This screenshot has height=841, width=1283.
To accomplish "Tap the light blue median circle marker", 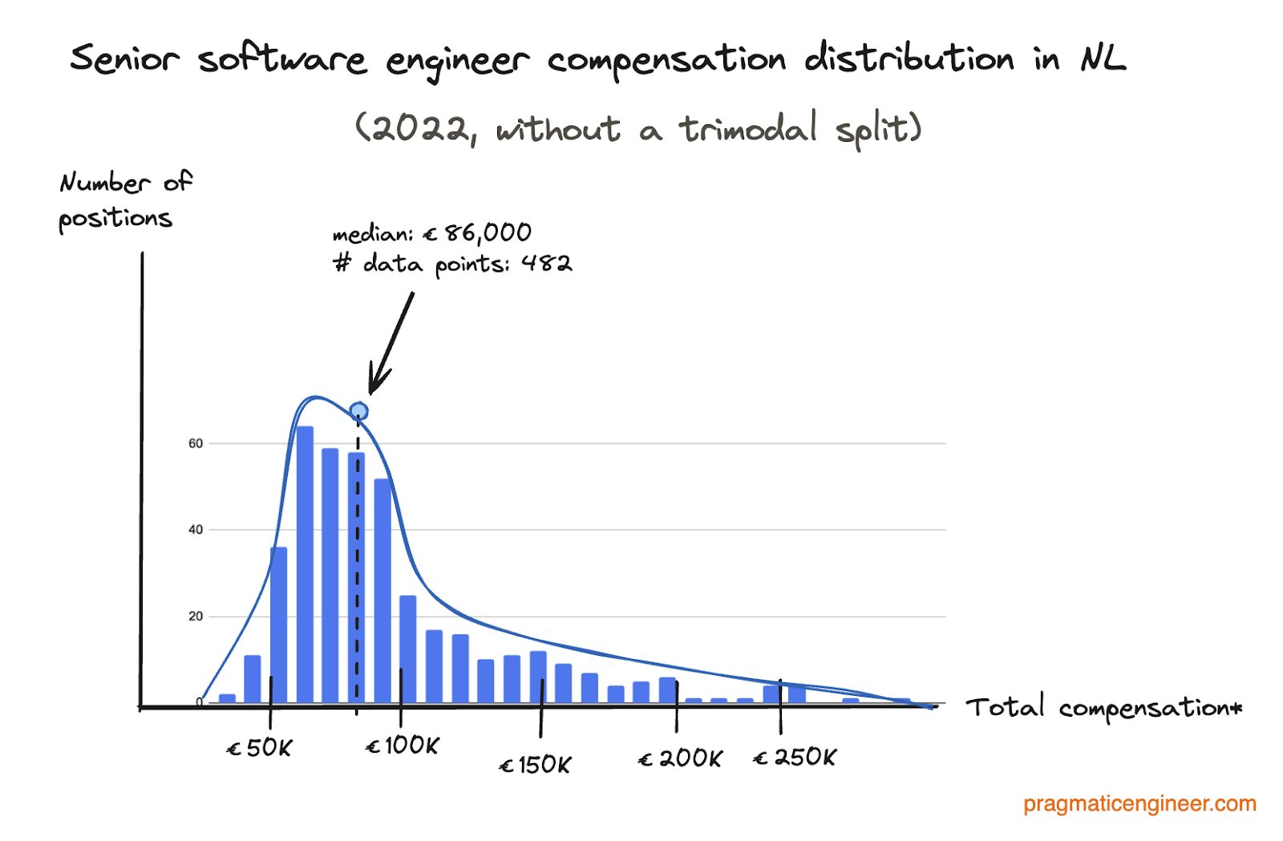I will click(x=359, y=412).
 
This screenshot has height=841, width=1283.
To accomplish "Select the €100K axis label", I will click(x=403, y=746).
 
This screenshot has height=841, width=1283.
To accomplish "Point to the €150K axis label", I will click(x=535, y=765).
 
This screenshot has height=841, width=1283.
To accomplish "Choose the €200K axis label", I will click(x=680, y=758).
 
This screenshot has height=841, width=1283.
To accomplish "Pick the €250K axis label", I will click(x=795, y=757).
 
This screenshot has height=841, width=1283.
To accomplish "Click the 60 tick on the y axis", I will click(x=196, y=443).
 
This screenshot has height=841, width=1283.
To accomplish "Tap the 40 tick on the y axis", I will click(x=196, y=530).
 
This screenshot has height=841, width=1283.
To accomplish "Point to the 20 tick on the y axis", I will click(x=196, y=617).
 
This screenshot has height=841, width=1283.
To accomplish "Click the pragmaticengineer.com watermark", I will click(x=1139, y=804).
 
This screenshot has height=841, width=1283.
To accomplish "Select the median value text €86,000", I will click(x=478, y=233).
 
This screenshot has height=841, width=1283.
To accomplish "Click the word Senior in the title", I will click(x=124, y=59).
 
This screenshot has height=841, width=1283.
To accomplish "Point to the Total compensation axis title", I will click(x=1103, y=708).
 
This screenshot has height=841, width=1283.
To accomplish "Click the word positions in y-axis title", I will click(x=115, y=218).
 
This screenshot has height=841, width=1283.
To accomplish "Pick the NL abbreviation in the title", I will click(x=1103, y=58).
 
